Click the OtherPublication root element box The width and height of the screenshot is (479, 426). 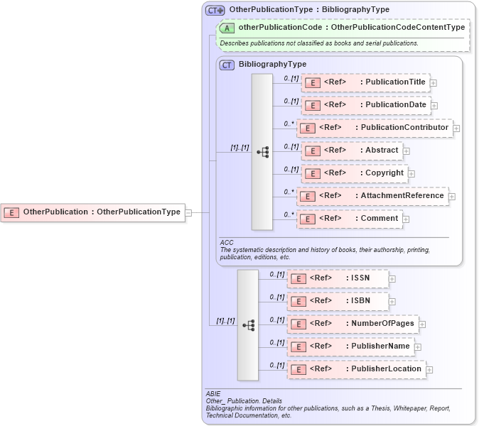[92, 212]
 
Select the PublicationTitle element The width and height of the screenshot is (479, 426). [365, 82]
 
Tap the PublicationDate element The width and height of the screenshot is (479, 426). [365, 105]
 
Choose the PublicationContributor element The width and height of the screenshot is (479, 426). [375, 128]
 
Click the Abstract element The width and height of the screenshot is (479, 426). [351, 151]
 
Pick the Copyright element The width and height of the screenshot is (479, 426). [353, 173]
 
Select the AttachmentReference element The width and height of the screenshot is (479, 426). [372, 196]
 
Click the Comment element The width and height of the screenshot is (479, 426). [349, 219]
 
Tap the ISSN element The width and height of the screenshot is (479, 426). [338, 278]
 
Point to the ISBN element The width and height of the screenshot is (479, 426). [338, 301]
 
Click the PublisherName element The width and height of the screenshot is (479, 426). [350, 346]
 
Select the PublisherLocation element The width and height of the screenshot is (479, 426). [355, 369]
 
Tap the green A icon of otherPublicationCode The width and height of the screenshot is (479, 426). [227, 28]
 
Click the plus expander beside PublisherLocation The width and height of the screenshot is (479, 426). [429, 370]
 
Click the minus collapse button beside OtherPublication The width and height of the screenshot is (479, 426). [188, 212]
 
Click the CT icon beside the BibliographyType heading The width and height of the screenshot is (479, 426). [227, 65]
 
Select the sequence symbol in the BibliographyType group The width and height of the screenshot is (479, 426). [262, 152]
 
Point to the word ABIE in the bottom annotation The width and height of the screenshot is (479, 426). [213, 393]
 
